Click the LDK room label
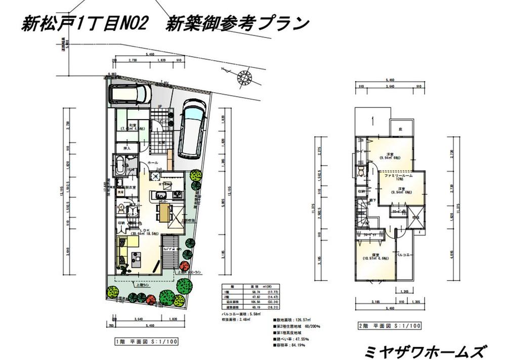[x=137, y=230]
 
